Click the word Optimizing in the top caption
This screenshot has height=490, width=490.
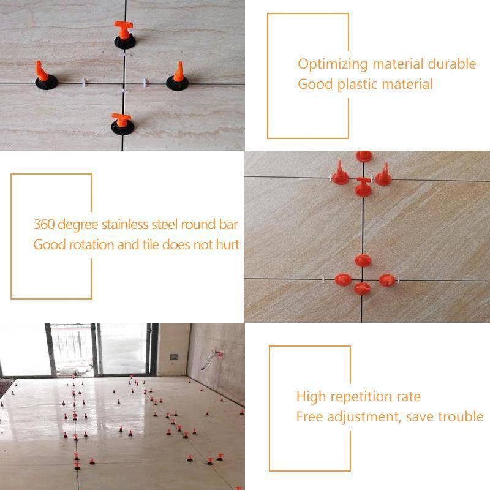pos(333,64)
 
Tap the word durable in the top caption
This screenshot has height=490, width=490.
pos(452,64)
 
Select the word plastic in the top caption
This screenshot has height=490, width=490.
pos(357,84)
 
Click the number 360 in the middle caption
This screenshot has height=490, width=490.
pos(44,225)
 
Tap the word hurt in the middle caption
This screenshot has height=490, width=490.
pos(227,244)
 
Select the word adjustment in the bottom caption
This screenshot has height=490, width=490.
pos(358,417)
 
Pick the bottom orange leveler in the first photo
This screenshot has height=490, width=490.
pos(121,122)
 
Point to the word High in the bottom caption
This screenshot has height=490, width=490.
pos(311,397)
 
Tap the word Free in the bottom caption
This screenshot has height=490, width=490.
pos(309,417)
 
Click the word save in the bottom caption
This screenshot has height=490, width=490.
pos(417,417)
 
